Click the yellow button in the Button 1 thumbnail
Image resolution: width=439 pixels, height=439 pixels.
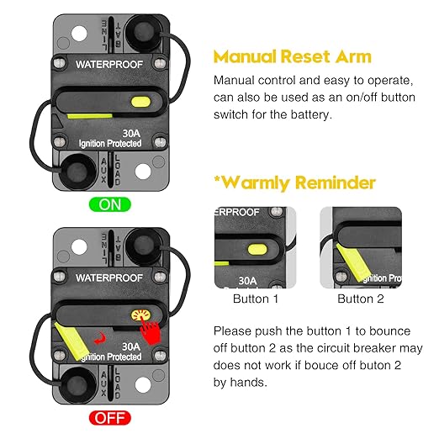click(x=258, y=250)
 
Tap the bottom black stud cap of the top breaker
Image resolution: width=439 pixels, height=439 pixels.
click(x=77, y=173)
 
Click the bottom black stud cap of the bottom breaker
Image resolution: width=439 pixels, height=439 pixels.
click(x=77, y=386)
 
